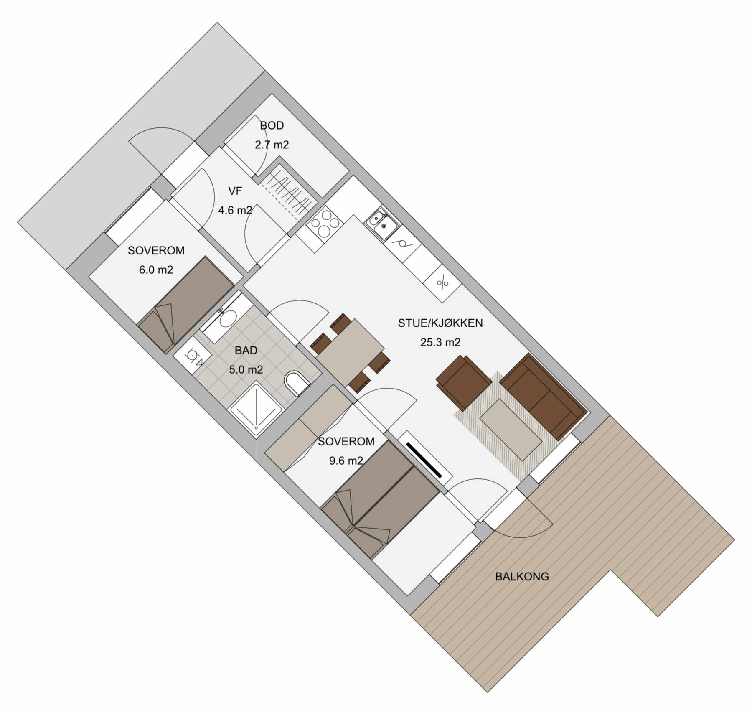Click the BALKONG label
[522, 577]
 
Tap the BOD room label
[272, 125]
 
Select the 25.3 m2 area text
[440, 342]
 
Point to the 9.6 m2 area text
[346, 461]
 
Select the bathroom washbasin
[227, 319]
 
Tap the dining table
[350, 352]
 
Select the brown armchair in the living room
[464, 382]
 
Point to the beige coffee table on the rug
[511, 430]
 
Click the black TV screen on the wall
[424, 460]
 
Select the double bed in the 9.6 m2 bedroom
[380, 500]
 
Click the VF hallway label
[235, 191]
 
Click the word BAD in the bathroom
[246, 351]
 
